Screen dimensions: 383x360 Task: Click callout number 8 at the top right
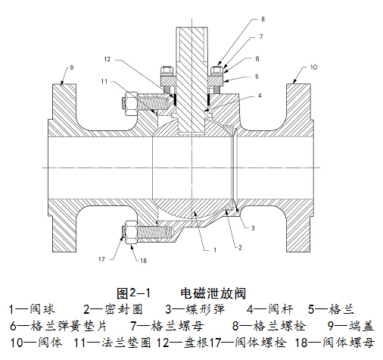(x=263, y=19)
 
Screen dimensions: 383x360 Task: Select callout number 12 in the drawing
(x=107, y=59)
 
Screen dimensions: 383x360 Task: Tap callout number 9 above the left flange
(x=72, y=67)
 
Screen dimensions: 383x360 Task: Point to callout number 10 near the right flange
(x=313, y=67)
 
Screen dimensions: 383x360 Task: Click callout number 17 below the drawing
(x=101, y=259)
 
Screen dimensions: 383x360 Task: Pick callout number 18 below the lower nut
(x=143, y=261)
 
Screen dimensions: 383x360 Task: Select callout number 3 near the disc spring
(x=253, y=228)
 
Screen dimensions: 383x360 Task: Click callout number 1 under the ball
(x=215, y=250)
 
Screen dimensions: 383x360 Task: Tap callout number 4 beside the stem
(x=260, y=95)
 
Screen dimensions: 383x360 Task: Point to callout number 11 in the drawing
(x=104, y=81)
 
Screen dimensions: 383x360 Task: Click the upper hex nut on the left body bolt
(x=129, y=104)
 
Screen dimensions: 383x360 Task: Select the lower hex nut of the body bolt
(x=129, y=232)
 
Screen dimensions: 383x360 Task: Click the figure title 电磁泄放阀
(x=213, y=293)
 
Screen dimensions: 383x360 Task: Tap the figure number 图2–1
(x=133, y=293)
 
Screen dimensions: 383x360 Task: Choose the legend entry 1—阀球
(x=32, y=309)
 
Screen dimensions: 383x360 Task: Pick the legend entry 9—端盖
(x=350, y=326)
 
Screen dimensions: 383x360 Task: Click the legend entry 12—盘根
(x=182, y=343)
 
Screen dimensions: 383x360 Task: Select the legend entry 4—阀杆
(x=269, y=309)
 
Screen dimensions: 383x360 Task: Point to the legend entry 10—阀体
(x=36, y=343)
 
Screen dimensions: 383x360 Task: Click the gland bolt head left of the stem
(x=167, y=71)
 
